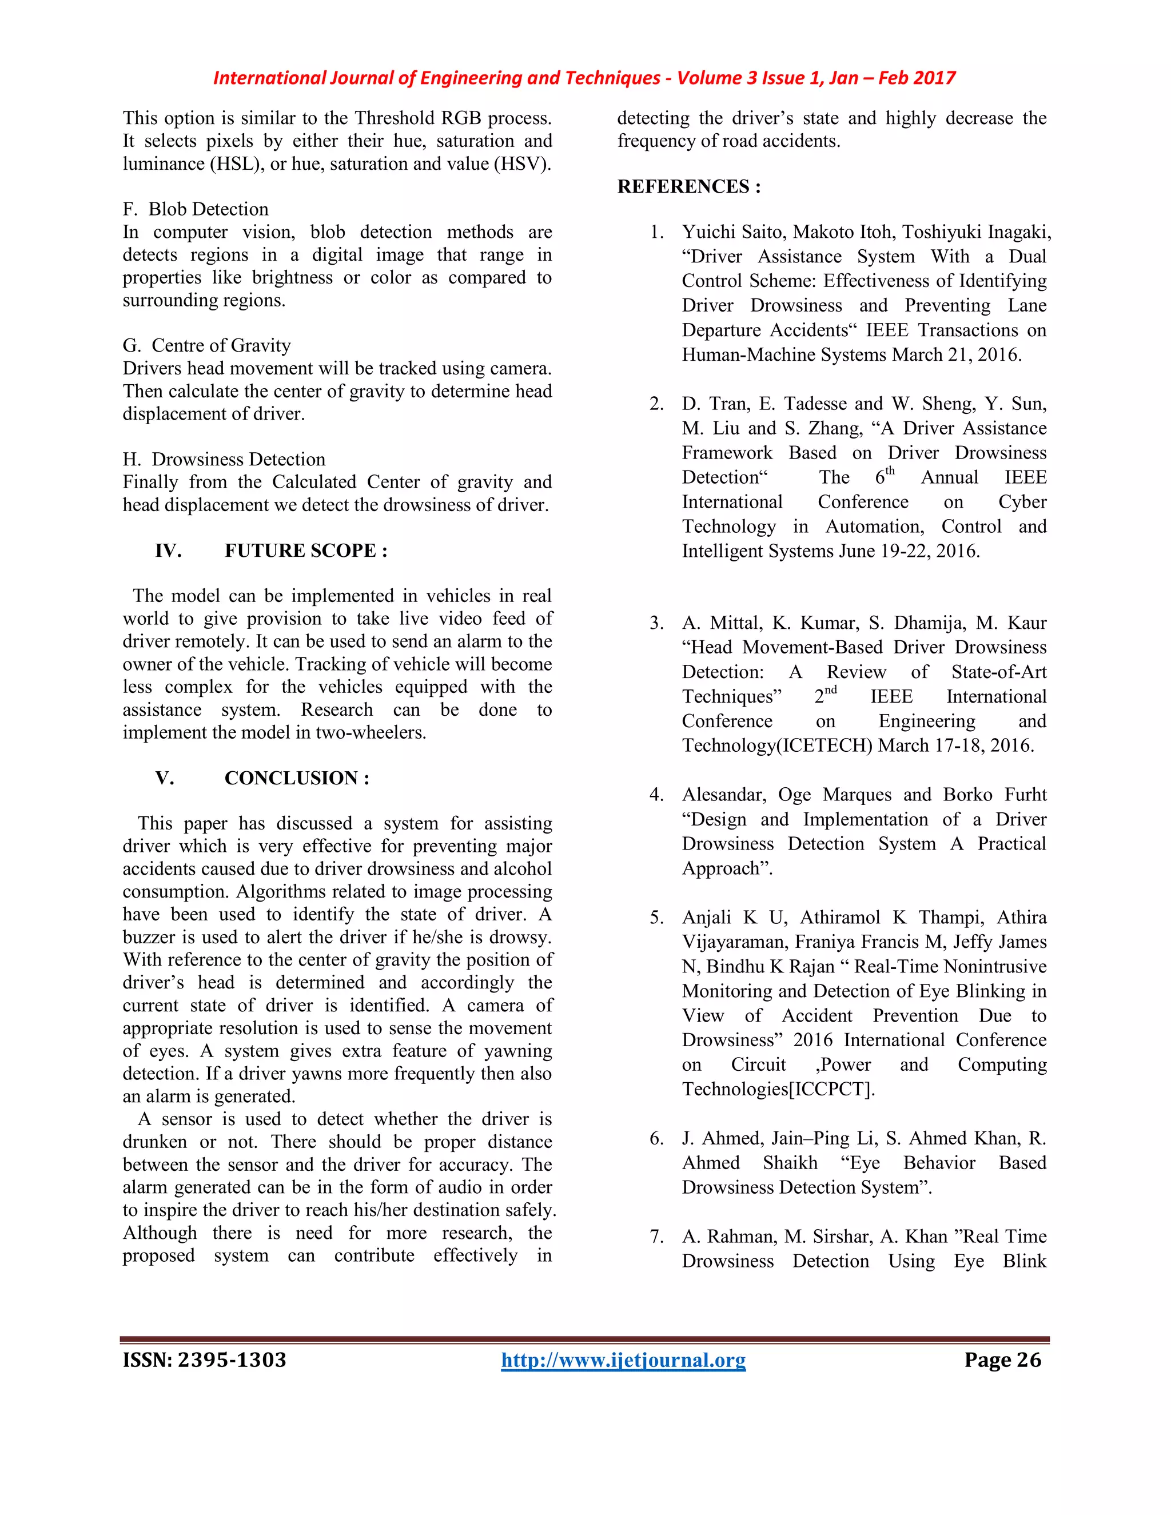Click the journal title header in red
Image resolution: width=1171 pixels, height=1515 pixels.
point(584,78)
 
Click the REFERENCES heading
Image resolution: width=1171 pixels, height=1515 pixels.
point(689,186)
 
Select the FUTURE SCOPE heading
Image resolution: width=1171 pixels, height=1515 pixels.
point(306,551)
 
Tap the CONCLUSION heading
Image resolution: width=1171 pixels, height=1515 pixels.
point(297,778)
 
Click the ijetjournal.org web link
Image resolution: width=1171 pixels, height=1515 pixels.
point(623,1360)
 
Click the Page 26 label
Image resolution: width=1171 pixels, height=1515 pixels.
point(1002,1360)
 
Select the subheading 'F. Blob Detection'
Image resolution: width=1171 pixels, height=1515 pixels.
point(196,209)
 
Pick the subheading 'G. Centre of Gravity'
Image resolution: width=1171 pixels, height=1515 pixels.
point(207,345)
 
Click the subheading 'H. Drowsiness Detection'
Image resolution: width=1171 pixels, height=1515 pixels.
point(224,459)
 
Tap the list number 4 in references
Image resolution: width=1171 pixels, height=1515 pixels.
point(656,795)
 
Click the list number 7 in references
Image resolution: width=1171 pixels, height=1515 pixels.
point(656,1237)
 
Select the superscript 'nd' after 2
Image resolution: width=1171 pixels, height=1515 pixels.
point(830,690)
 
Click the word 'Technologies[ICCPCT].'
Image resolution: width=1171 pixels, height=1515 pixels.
point(778,1090)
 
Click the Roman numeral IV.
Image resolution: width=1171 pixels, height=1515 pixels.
point(168,551)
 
